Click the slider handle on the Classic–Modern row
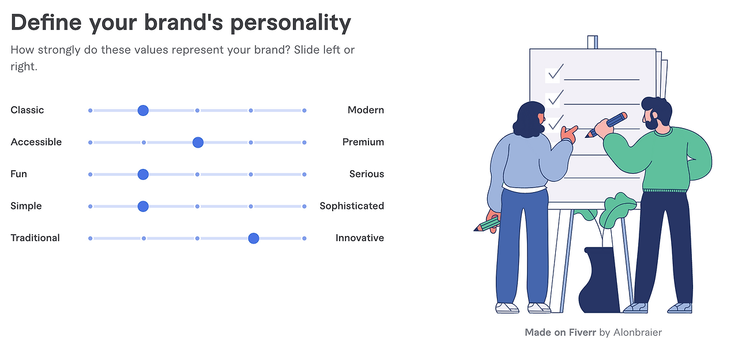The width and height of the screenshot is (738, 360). coord(143,110)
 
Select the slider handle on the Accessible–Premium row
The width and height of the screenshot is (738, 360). coord(198,142)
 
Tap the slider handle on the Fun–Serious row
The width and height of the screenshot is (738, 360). coord(143,174)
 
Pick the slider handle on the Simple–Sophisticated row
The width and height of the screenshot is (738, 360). coord(143,207)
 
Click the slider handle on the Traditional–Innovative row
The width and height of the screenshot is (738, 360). coord(253,238)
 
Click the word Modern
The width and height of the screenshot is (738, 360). coord(366,110)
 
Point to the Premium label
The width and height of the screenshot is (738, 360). coord(363,142)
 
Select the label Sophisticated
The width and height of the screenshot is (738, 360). coord(352,206)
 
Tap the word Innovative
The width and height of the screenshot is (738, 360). coord(359,238)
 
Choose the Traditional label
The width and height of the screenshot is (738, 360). coord(35,238)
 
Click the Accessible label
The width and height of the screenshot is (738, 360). coord(36,142)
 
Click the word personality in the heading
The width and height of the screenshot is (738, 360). coord(290,24)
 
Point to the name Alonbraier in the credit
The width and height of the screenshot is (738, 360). coord(637,332)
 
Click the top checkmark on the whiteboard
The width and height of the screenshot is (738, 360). coord(555,72)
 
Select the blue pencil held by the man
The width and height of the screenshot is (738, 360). coord(606,125)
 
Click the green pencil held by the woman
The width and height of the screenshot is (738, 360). coord(487,225)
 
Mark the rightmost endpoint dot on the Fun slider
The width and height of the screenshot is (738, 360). coord(304,174)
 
